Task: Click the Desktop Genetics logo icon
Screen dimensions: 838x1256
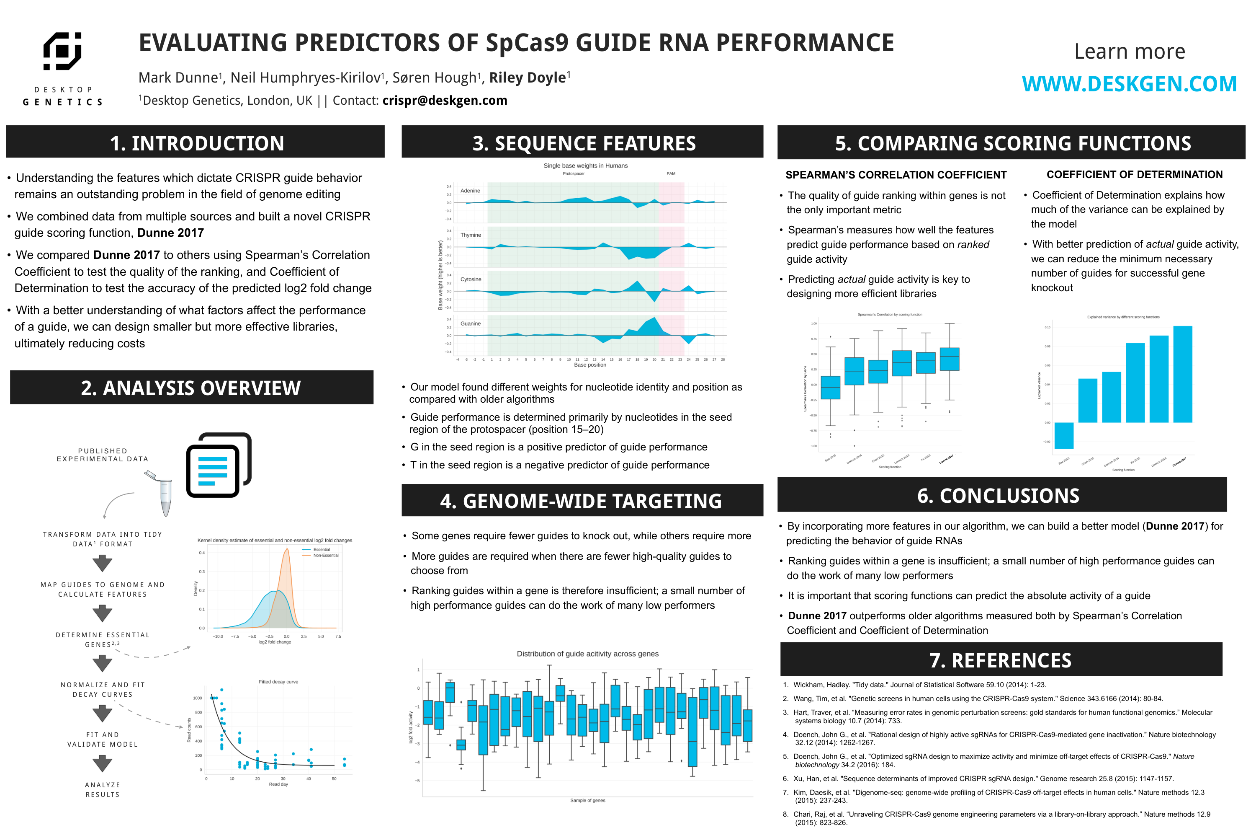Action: [x=62, y=51]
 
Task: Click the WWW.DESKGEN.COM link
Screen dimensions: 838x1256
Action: [x=1129, y=84]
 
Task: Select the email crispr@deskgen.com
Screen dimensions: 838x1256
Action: [x=444, y=101]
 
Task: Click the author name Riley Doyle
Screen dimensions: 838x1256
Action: [x=527, y=78]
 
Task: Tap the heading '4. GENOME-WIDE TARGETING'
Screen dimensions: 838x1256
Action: [x=581, y=501]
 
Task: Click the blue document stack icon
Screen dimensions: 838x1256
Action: [x=219, y=465]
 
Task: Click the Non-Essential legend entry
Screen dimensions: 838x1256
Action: [x=325, y=555]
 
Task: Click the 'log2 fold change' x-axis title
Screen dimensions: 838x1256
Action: [x=275, y=642]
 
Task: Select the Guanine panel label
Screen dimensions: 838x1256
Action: [x=471, y=323]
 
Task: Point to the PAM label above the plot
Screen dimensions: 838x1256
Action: [x=671, y=174]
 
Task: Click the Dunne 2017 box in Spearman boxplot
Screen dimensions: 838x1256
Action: [x=949, y=359]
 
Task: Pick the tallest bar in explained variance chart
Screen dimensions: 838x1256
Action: [x=1182, y=374]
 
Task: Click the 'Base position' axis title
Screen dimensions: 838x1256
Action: [x=589, y=365]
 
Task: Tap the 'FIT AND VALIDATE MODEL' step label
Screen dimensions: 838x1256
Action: [x=103, y=740]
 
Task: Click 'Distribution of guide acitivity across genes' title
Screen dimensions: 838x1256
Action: [x=587, y=654]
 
